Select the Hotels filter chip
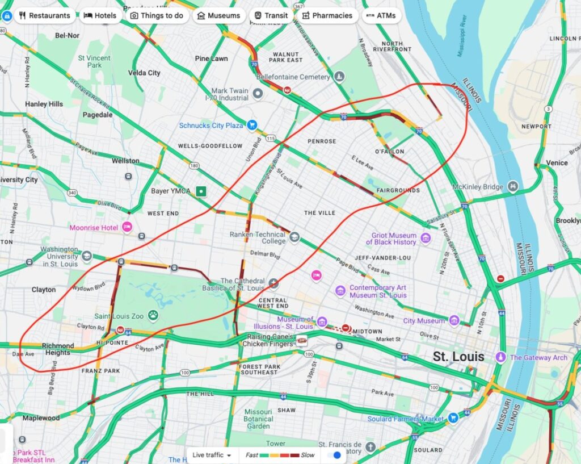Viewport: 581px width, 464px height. (100, 15)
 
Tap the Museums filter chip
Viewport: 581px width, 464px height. (218, 15)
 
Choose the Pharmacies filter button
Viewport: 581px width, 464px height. (327, 15)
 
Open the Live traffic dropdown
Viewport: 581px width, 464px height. (212, 455)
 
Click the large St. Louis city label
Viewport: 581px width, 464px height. (458, 357)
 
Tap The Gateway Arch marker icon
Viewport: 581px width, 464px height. (500, 357)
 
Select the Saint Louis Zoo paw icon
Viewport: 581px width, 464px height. (153, 315)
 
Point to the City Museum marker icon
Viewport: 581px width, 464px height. (454, 321)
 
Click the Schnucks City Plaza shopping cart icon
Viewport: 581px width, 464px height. (252, 125)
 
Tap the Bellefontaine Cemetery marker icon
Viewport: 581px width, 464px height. (339, 76)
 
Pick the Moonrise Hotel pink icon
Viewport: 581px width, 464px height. (127, 227)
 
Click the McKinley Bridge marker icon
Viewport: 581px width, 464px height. (513, 186)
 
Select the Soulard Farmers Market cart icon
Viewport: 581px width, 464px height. (453, 419)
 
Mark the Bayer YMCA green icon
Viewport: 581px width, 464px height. (200, 191)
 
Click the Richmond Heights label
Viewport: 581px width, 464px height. (58, 349)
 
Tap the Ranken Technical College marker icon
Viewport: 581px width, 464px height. (294, 237)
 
